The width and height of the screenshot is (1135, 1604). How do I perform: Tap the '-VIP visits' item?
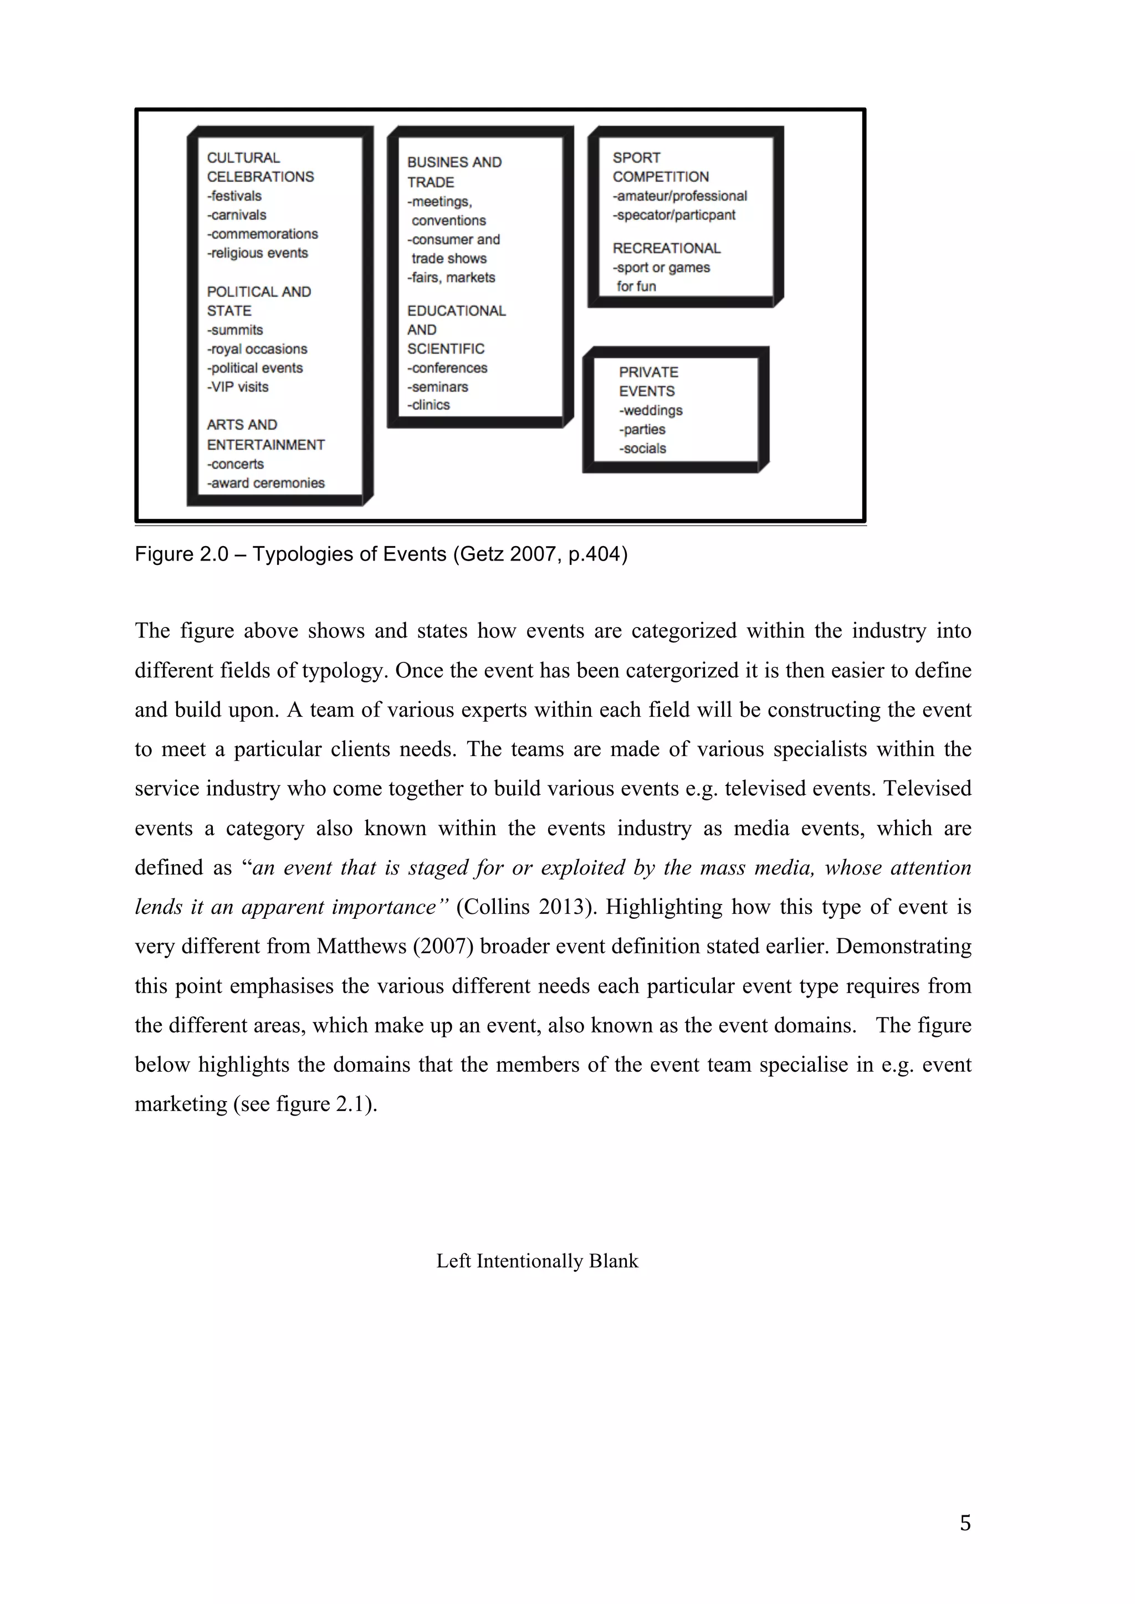click(x=238, y=387)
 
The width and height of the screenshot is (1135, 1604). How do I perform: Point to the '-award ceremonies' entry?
click(x=265, y=484)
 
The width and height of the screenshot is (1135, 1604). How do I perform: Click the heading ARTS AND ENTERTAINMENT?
click(x=265, y=435)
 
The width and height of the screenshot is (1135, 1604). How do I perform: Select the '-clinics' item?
click(x=428, y=405)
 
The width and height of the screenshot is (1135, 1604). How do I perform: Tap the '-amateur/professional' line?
click(x=679, y=196)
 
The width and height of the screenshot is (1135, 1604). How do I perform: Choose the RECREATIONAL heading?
click(x=666, y=249)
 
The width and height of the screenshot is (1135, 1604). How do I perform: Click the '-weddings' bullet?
click(x=650, y=411)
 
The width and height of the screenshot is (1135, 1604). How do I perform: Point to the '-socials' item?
click(x=642, y=449)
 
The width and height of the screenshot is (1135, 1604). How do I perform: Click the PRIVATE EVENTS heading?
click(x=648, y=382)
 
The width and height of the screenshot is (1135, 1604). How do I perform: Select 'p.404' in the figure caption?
click(x=597, y=554)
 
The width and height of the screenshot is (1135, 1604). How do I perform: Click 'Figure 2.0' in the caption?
click(x=181, y=554)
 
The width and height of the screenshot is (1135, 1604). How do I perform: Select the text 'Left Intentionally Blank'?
click(x=537, y=1261)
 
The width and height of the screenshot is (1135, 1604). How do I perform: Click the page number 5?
click(x=965, y=1523)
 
